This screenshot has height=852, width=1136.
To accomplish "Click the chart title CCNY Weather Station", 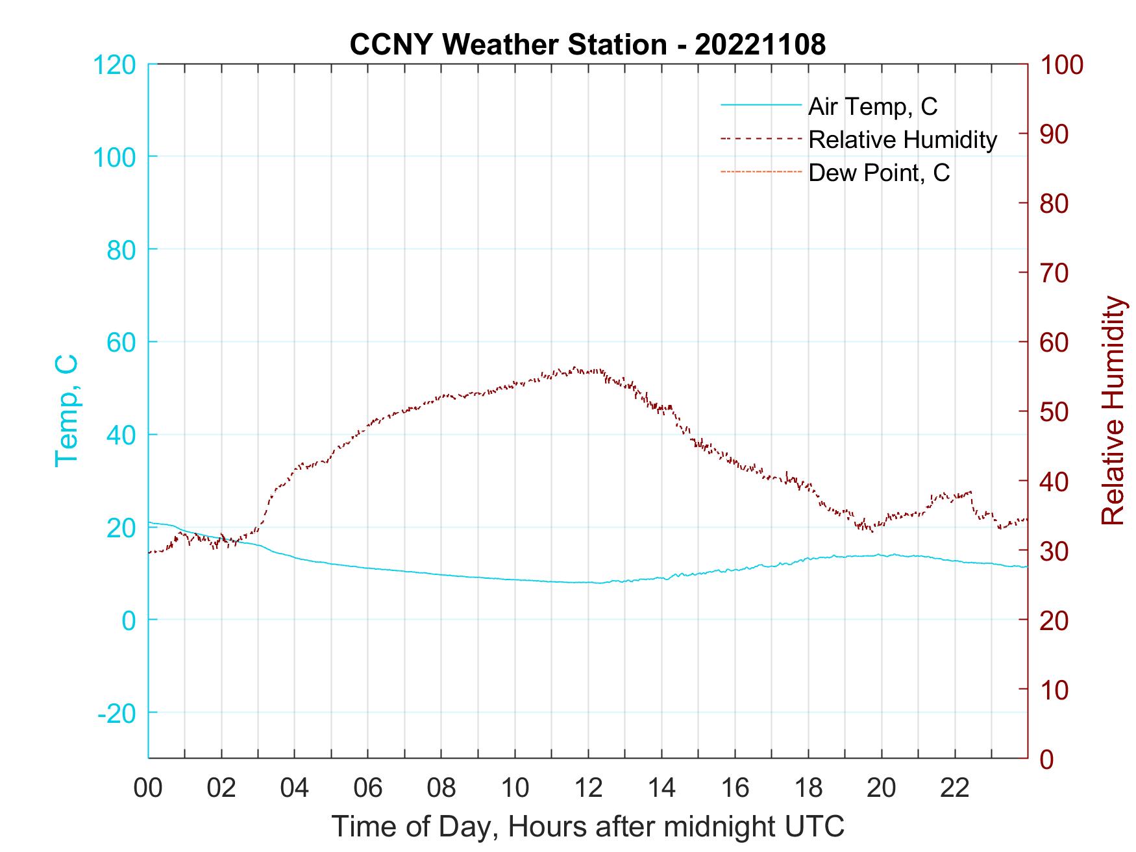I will tap(508, 45).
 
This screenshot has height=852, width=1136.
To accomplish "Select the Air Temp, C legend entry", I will tap(872, 106).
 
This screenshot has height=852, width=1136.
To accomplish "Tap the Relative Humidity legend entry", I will tap(902, 140).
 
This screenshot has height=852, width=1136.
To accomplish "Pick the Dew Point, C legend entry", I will tap(879, 173).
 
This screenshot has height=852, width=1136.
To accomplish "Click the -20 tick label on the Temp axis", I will tap(117, 713).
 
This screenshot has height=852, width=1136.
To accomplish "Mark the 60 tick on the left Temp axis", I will tap(121, 342).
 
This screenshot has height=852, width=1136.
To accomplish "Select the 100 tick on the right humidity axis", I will tap(1061, 65).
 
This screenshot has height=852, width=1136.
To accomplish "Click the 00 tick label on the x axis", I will tap(148, 788).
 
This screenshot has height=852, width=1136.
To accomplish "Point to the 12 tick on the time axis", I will tap(588, 788).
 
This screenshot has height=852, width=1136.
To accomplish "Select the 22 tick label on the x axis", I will tap(955, 788).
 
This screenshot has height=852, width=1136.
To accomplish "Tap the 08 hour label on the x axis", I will tap(441, 788).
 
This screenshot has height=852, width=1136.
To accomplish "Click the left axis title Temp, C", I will tap(66, 410).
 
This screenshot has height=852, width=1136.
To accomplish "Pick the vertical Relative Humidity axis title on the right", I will tap(1113, 410).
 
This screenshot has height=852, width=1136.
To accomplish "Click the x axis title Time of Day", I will tap(588, 827).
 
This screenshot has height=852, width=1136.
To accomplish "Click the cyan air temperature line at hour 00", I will tap(150, 522).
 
